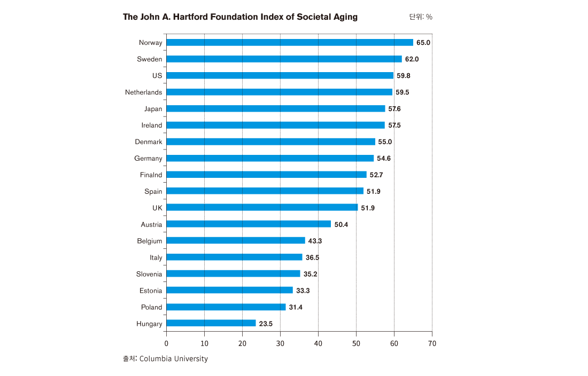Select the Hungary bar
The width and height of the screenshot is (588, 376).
pyautogui.click(x=211, y=323)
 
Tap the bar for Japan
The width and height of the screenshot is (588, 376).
pyautogui.click(x=276, y=108)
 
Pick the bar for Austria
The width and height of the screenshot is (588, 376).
pyautogui.click(x=249, y=224)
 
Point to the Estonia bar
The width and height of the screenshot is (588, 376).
pyautogui.click(x=230, y=290)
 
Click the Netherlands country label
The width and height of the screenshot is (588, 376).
pyautogui.click(x=143, y=92)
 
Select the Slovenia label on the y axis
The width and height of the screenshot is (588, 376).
pyautogui.click(x=149, y=273)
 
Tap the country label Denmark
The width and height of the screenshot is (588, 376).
pyautogui.click(x=148, y=142)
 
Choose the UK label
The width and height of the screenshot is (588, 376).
pyautogui.click(x=157, y=207)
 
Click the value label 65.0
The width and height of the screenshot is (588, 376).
pyautogui.click(x=423, y=42)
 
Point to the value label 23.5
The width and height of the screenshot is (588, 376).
pyautogui.click(x=266, y=323)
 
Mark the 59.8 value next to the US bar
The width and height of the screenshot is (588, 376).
pyautogui.click(x=404, y=75)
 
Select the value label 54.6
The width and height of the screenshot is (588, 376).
pyautogui.click(x=384, y=158)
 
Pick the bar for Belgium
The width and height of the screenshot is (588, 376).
pyautogui.click(x=236, y=240)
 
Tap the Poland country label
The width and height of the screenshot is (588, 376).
pyautogui.click(x=151, y=307)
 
